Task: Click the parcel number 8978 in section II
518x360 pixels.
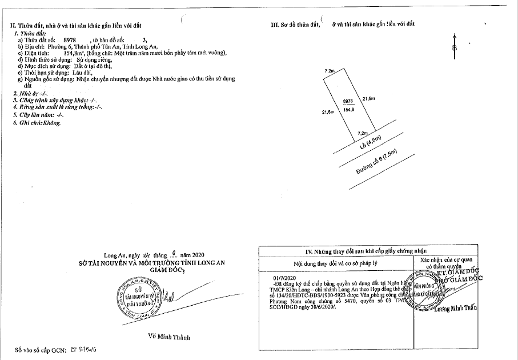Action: pyautogui.click(x=71, y=41)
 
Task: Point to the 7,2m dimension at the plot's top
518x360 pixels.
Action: pyautogui.click(x=329, y=70)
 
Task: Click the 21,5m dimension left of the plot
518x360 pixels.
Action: pyautogui.click(x=328, y=113)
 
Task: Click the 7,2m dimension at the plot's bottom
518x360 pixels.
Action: pyautogui.click(x=362, y=133)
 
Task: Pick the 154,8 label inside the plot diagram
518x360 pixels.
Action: pyautogui.click(x=349, y=109)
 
